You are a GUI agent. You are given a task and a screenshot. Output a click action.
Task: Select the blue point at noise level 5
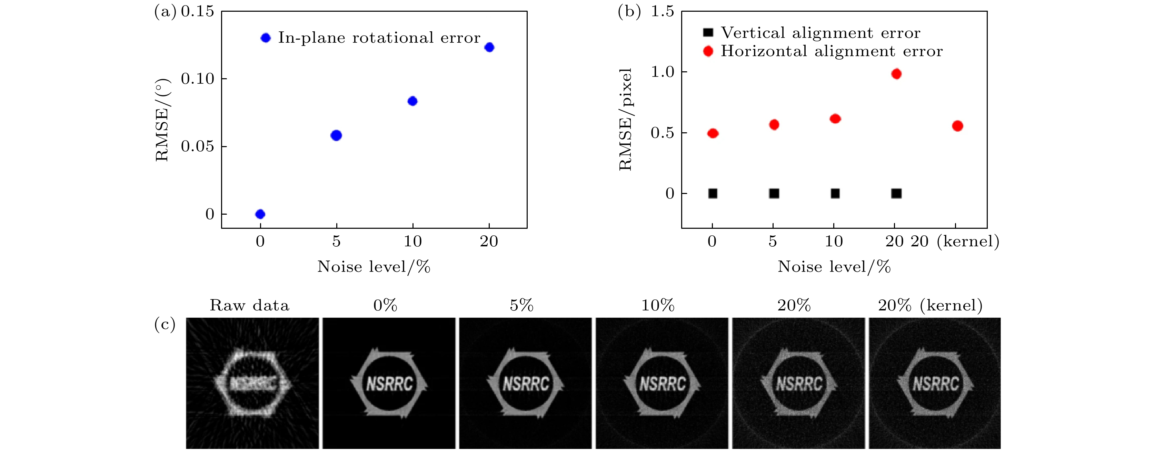[336, 135]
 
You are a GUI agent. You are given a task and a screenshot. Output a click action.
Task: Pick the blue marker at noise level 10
[412, 101]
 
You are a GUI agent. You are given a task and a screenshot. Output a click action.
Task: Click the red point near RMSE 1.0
[896, 74]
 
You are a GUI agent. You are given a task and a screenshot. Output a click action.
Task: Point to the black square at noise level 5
[774, 194]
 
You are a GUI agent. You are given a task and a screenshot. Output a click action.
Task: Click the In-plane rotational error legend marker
[266, 38]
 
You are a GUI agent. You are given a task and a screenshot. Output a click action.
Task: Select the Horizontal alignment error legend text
[832, 51]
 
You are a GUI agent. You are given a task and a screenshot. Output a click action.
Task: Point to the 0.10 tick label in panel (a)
[198, 79]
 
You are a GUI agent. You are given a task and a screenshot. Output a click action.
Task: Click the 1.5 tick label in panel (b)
[662, 11]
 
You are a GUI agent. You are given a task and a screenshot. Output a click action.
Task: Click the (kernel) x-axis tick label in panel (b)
[968, 242]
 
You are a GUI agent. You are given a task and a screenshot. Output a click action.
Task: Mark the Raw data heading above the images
[249, 306]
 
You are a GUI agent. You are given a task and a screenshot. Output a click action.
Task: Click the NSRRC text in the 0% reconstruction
[389, 383]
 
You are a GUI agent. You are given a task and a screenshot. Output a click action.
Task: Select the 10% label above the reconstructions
[658, 306]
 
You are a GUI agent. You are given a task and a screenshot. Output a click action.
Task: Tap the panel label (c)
[165, 324]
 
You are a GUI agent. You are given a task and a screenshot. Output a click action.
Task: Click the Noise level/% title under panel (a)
[374, 267]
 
